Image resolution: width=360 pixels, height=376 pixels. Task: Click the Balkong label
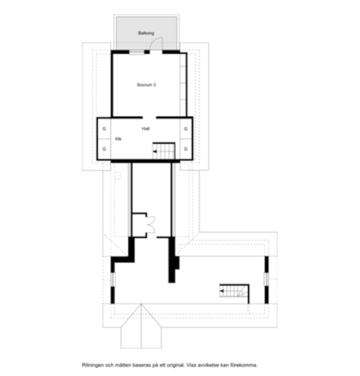pos(146,33)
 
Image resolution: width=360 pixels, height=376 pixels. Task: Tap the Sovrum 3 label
pos(146,85)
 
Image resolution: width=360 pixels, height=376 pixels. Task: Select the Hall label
pos(146,129)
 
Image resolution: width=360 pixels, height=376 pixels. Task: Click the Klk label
pos(118,139)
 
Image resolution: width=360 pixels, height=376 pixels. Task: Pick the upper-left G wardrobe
pos(104,129)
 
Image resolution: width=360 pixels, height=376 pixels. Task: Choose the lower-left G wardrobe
pos(104,149)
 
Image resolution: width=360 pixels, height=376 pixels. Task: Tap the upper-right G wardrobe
pos(186,129)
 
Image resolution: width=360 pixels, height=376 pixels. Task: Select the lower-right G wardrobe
pos(186,149)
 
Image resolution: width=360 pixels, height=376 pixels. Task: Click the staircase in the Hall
pos(164,151)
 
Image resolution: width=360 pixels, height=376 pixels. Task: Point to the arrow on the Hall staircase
pos(154,151)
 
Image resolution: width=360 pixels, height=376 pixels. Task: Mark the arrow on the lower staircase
pos(222,291)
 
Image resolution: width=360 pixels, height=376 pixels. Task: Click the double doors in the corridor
pos(151,225)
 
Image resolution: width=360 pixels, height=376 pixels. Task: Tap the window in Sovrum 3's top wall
pos(137,52)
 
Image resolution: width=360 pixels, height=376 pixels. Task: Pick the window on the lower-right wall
pos(266,279)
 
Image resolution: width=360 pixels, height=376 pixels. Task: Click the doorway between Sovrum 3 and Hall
pos(149,117)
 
